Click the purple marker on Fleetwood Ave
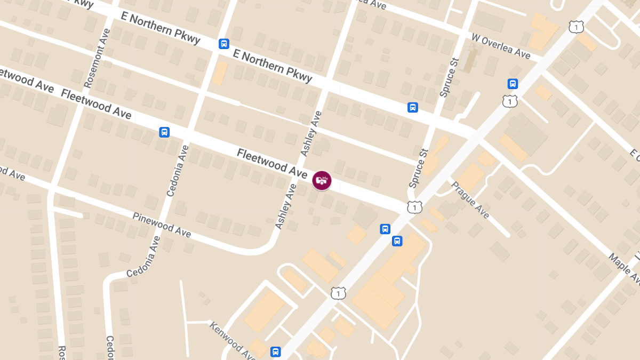[322, 180]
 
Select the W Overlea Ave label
[501, 46]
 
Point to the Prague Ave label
[470, 200]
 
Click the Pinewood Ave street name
[162, 225]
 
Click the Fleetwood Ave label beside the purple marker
[272, 163]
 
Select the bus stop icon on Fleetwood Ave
[164, 132]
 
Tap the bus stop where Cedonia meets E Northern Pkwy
[224, 44]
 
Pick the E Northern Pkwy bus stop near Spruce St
[413, 107]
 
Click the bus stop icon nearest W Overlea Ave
[513, 84]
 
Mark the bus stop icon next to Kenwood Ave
[275, 351]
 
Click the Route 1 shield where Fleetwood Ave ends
[414, 206]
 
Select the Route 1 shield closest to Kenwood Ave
[338, 293]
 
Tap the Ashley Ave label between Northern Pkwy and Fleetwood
[311, 133]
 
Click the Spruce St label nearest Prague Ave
[419, 168]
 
